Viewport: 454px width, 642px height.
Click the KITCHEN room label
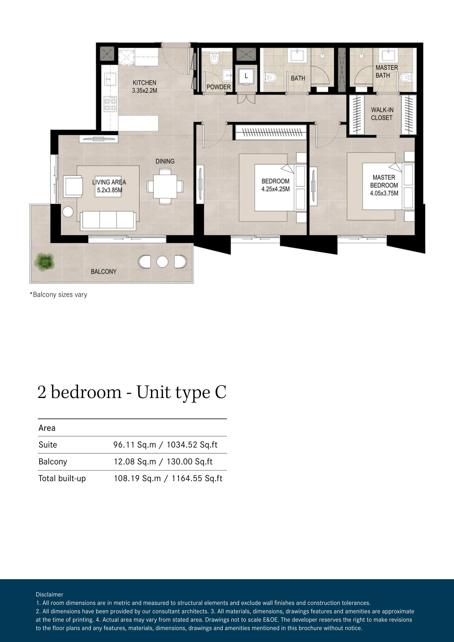point(144,83)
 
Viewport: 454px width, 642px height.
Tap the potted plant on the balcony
point(44,262)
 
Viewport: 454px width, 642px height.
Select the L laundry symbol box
point(246,76)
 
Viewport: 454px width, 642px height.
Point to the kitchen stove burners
point(110,104)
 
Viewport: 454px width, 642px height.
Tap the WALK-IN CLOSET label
point(382,114)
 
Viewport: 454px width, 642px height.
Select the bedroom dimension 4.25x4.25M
point(275,189)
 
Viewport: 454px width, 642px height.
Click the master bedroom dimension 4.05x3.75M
point(384,193)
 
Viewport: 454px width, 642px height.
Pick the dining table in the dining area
point(165,186)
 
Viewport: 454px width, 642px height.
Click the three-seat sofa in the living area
point(108,221)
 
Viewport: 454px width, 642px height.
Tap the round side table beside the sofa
point(68,212)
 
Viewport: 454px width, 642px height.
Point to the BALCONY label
point(104,271)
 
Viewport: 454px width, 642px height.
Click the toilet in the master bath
point(406,77)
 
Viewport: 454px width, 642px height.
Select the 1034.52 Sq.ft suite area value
point(192,445)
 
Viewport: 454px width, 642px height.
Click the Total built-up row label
point(62,478)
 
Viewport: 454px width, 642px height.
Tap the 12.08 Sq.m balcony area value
point(135,461)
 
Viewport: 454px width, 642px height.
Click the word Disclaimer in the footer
point(49,595)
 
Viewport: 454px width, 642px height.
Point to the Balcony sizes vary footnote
point(58,295)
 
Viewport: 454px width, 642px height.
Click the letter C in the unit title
point(221,392)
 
